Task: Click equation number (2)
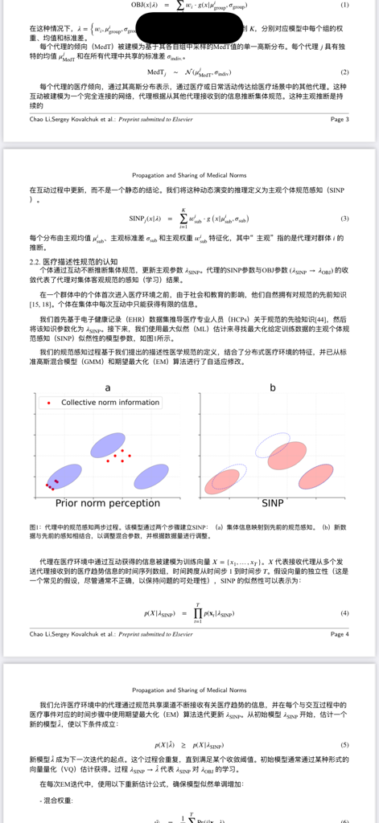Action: tap(344, 72)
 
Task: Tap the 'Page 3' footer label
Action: tap(339, 118)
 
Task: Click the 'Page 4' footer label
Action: tap(339, 634)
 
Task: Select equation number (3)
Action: tap(344, 219)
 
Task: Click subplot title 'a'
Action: tap(108, 387)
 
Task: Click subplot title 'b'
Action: tap(273, 387)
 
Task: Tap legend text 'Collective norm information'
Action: tap(110, 402)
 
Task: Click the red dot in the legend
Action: tap(49, 402)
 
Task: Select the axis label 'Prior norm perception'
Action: tap(108, 503)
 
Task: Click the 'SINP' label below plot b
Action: tap(273, 503)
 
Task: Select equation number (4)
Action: tap(344, 612)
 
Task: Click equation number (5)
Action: tap(344, 745)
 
